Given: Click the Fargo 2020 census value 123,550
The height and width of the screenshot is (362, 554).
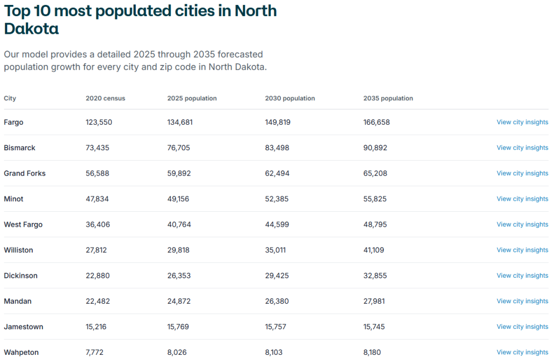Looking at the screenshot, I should click(99, 122).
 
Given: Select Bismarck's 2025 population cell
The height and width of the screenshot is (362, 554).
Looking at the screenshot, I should click(180, 147).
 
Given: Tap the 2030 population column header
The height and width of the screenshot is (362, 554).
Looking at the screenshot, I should click(290, 98).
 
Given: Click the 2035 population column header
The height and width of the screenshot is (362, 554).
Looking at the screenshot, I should click(388, 98).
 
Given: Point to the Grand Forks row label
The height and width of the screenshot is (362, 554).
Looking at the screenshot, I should click(24, 173).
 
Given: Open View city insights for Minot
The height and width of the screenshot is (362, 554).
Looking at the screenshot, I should click(522, 198).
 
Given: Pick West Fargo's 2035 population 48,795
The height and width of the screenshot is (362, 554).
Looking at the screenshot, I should click(375, 225).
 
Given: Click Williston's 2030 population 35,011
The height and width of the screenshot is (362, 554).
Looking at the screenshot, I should click(275, 250).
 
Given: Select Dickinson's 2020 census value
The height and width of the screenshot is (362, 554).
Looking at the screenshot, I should click(98, 276).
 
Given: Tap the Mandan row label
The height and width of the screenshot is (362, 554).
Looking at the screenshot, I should click(18, 301).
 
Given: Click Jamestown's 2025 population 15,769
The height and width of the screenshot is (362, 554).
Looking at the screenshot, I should click(178, 327).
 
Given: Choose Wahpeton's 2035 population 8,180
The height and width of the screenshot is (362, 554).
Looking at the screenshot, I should click(372, 352).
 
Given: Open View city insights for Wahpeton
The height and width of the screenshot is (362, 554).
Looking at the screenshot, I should click(522, 352).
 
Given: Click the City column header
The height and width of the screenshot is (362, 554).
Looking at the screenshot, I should click(10, 98).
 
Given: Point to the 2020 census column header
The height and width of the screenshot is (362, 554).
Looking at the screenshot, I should click(105, 98).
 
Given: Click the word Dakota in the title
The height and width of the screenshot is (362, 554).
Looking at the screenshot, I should click(31, 29).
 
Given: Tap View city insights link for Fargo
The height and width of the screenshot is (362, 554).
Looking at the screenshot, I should click(522, 122).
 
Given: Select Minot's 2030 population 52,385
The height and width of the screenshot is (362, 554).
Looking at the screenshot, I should click(277, 198).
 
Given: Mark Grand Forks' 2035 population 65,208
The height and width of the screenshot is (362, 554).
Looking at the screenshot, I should click(375, 173).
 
